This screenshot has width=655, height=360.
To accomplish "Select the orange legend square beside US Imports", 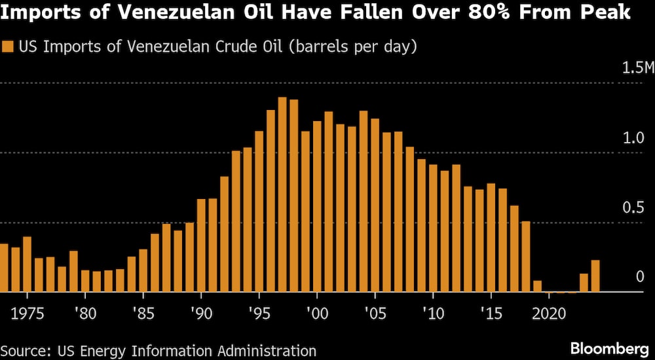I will pyautogui.click(x=9, y=47).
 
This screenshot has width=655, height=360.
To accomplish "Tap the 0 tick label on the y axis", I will pyautogui.click(x=641, y=277).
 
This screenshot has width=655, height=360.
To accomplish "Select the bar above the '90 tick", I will pyautogui.click(x=201, y=245).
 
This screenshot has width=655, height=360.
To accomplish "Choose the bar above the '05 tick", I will pyautogui.click(x=375, y=206).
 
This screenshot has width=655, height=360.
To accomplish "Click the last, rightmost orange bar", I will pyautogui.click(x=595, y=276).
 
